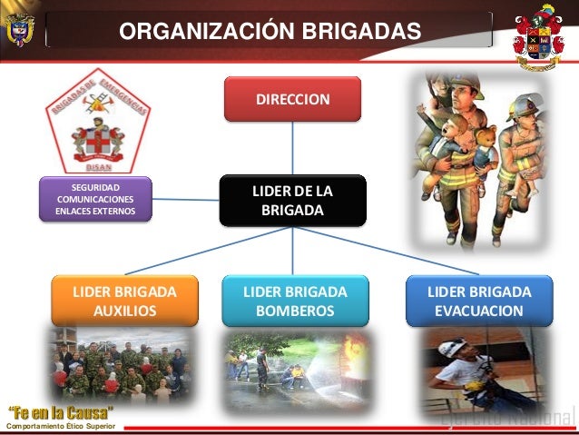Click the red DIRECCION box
point(292,99)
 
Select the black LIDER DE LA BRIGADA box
point(292,201)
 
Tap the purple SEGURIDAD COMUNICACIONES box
point(95,199)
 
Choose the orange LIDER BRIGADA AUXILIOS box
point(124,301)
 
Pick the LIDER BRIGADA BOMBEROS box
point(295,301)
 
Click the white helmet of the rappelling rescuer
point(452,348)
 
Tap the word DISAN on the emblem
point(98,164)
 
